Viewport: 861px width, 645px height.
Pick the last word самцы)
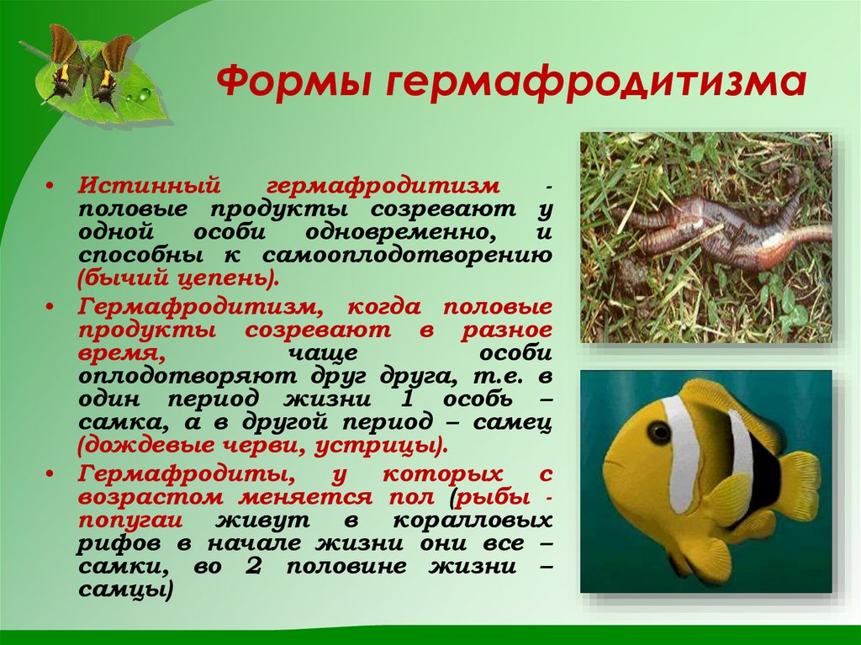point(126,591)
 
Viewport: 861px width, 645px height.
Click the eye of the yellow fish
point(660,433)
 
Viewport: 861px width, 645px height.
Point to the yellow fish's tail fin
point(799,484)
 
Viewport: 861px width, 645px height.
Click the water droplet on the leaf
point(145,94)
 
